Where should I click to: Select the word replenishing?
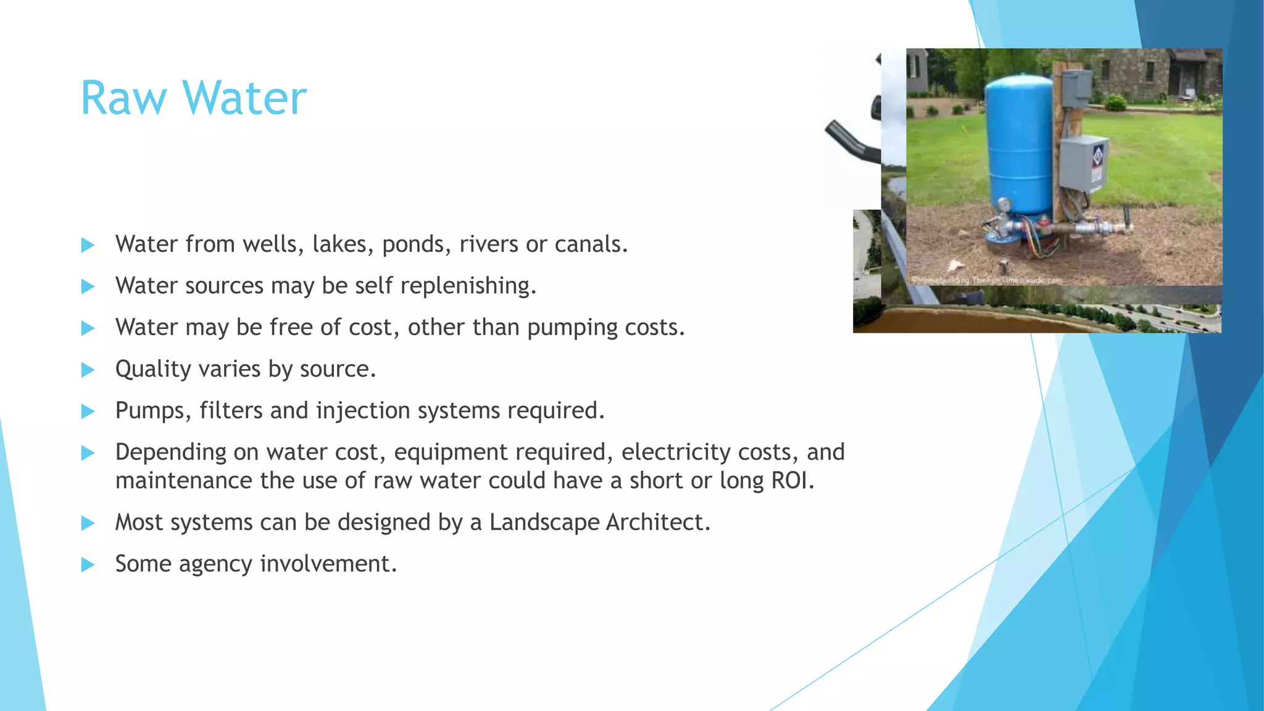pos(468,286)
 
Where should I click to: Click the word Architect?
pos(657,523)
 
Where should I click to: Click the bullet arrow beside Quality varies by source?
pos(88,370)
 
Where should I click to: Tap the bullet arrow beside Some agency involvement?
pos(88,564)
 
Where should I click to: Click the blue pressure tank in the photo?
pos(1018,148)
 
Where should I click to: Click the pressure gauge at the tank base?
pos(1003,204)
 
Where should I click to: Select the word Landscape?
pos(544,523)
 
